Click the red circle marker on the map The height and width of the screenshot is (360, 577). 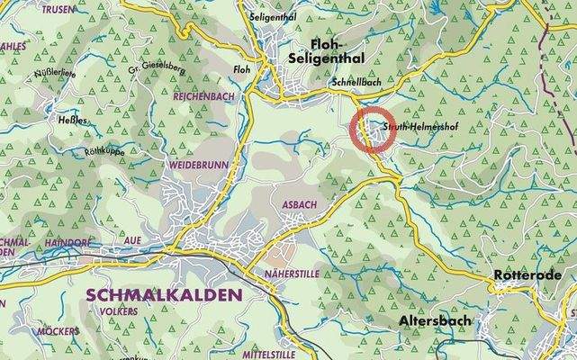[368, 130]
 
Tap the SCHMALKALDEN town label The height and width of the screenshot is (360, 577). [164, 295]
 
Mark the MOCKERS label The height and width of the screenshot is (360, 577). [58, 331]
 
